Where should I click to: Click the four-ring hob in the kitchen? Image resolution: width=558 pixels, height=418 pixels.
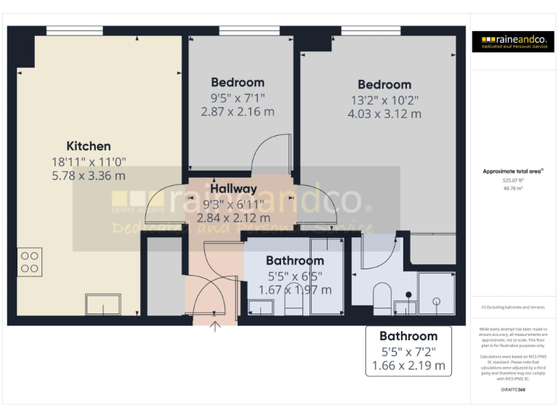coord(30,262)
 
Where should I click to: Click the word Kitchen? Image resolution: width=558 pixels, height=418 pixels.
coord(89,146)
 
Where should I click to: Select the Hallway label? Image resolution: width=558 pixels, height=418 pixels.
coord(234,189)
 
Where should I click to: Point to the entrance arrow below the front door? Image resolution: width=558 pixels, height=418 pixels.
coord(215,326)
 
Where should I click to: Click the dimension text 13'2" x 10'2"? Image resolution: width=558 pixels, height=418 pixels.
coord(384,99)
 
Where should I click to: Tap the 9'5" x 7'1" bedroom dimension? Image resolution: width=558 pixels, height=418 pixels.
coord(238,97)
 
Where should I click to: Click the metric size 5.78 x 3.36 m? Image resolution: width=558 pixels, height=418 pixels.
coord(89,176)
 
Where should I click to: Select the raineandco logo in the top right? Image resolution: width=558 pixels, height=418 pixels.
coord(513,41)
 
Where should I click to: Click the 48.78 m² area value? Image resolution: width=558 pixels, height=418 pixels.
coord(513,187)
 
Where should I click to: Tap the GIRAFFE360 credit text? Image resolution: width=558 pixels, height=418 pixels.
coord(513,390)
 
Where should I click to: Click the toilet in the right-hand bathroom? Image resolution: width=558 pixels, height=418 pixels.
coord(381,296)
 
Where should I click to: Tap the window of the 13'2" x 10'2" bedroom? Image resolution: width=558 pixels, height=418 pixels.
coord(360,30)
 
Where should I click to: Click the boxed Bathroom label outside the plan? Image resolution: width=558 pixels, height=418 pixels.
coord(408,336)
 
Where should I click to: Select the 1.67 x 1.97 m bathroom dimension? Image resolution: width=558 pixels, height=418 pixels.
coord(295,290)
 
